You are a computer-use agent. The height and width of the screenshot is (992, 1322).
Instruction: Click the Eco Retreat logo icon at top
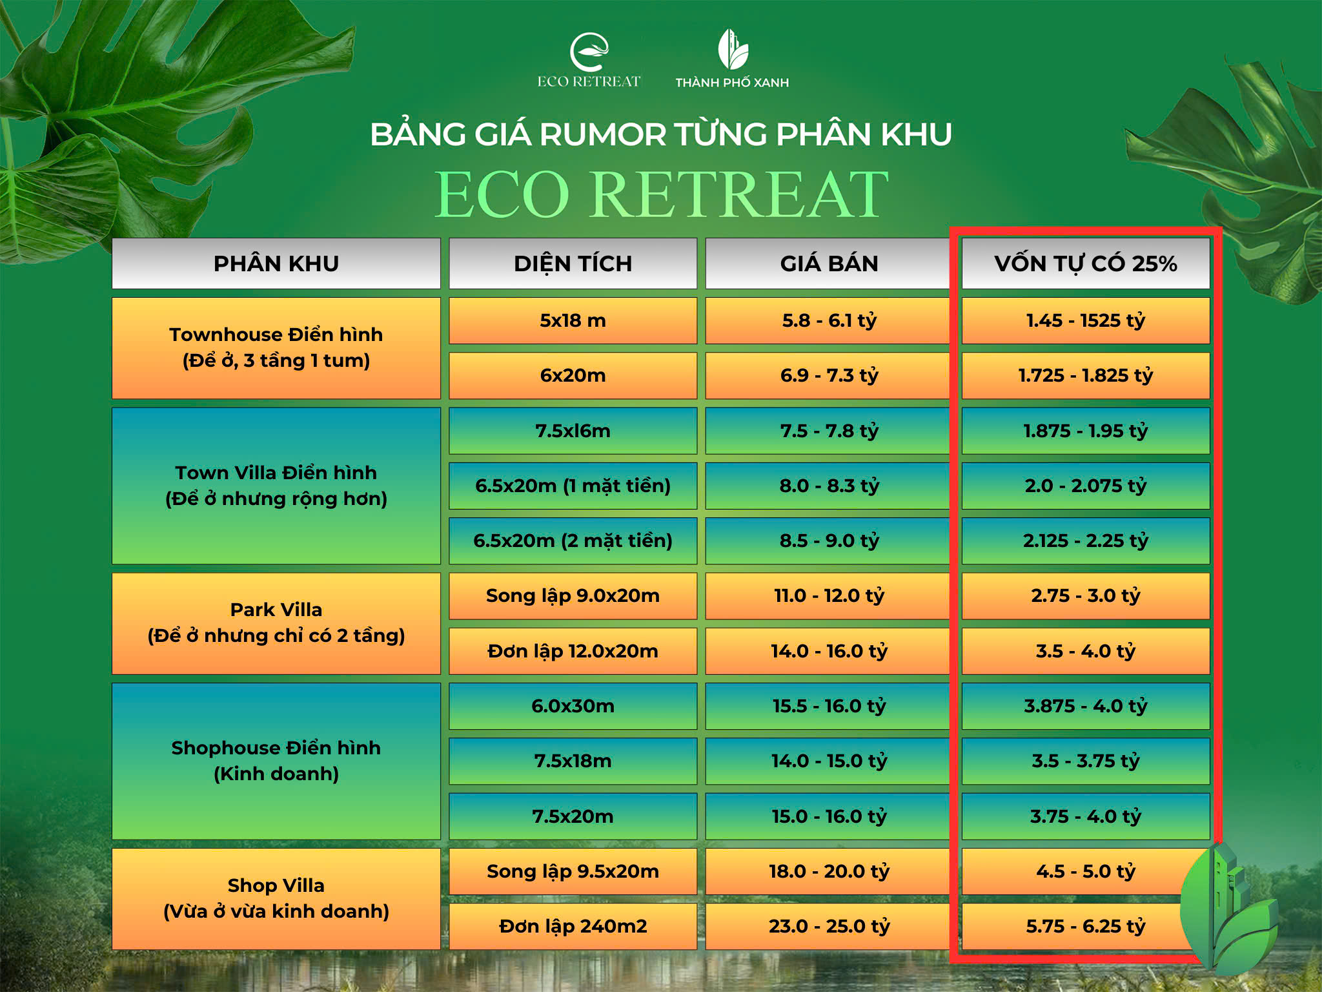[x=589, y=52]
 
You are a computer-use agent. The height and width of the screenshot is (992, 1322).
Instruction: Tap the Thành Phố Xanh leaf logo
[x=733, y=49]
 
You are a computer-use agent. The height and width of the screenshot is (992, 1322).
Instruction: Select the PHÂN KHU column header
[x=276, y=263]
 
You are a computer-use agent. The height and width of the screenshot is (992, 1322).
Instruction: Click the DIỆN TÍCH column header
[x=573, y=263]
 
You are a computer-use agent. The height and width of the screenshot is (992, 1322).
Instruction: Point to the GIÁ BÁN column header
[x=829, y=263]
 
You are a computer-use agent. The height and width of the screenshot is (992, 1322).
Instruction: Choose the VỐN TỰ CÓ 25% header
[x=1086, y=263]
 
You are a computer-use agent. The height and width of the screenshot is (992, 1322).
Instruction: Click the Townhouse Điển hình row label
[x=276, y=348]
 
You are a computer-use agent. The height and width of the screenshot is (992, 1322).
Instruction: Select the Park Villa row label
[x=276, y=623]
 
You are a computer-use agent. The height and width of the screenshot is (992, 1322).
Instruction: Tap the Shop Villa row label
[x=276, y=898]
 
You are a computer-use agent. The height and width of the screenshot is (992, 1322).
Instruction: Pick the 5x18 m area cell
[x=573, y=320]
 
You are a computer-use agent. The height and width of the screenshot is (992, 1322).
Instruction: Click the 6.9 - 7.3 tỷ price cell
[x=829, y=375]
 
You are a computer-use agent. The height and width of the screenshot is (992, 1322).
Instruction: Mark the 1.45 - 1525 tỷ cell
[x=1086, y=320]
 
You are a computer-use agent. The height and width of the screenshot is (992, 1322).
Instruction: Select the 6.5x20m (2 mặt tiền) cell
[x=573, y=541]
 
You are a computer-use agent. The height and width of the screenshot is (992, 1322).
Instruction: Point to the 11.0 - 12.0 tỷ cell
[x=829, y=595]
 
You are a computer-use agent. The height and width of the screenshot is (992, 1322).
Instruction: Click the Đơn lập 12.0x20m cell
[x=573, y=651]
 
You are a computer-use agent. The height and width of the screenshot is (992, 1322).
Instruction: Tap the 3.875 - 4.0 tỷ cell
[x=1086, y=706]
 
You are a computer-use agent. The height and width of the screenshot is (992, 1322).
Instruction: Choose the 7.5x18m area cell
[x=573, y=761]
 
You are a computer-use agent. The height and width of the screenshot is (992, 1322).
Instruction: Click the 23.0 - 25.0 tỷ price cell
[x=829, y=926]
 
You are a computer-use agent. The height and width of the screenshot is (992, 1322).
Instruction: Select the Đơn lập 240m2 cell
[x=573, y=926]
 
